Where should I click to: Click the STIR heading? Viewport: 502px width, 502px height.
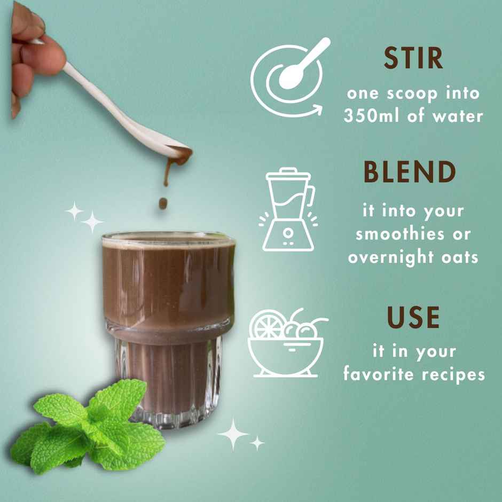point(413,59)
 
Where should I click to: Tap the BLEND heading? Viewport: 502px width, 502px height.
point(410,172)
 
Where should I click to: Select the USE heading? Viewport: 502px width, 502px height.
point(413,318)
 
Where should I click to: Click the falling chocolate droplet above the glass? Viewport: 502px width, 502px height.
point(163,203)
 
